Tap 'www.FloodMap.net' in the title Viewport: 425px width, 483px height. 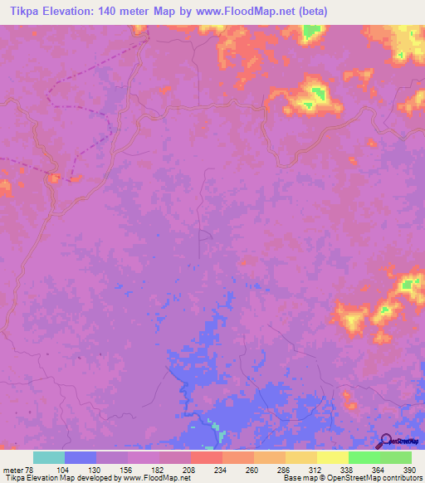252,12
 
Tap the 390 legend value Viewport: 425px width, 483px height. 409,469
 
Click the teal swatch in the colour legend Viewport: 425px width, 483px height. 49,457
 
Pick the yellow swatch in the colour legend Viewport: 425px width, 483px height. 332,457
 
